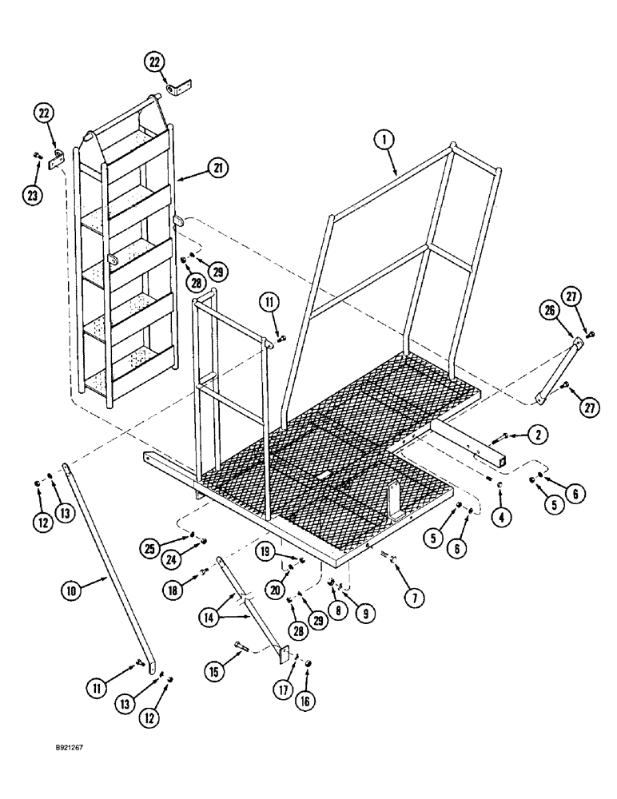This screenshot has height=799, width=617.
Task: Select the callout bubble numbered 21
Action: pyautogui.click(x=218, y=168)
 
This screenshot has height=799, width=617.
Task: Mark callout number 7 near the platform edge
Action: pyautogui.click(x=415, y=595)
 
